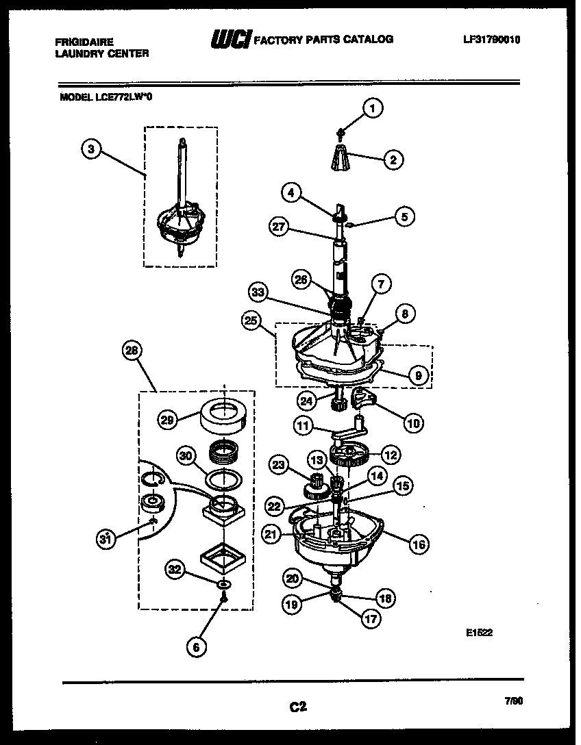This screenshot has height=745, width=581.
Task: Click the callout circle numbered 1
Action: pyautogui.click(x=373, y=108)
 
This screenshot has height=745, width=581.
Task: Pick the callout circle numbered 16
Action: pyautogui.click(x=419, y=544)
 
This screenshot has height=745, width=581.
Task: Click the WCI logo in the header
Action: pyautogui.click(x=231, y=40)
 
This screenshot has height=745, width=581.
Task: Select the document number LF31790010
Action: pyautogui.click(x=491, y=40)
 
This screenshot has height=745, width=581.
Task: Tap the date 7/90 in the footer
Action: pyautogui.click(x=512, y=701)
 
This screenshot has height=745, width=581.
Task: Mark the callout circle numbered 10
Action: pyautogui.click(x=412, y=423)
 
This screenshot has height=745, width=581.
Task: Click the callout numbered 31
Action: pyautogui.click(x=105, y=540)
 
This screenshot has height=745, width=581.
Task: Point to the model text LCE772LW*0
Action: pyautogui.click(x=106, y=97)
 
